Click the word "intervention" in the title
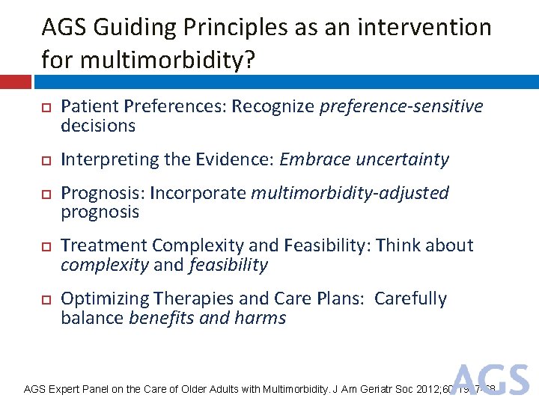coord(423,28)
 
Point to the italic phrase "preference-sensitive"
coord(401,106)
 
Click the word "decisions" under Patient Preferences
coord(98,126)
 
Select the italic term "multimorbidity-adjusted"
coord(350,193)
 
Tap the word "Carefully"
coord(410,299)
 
